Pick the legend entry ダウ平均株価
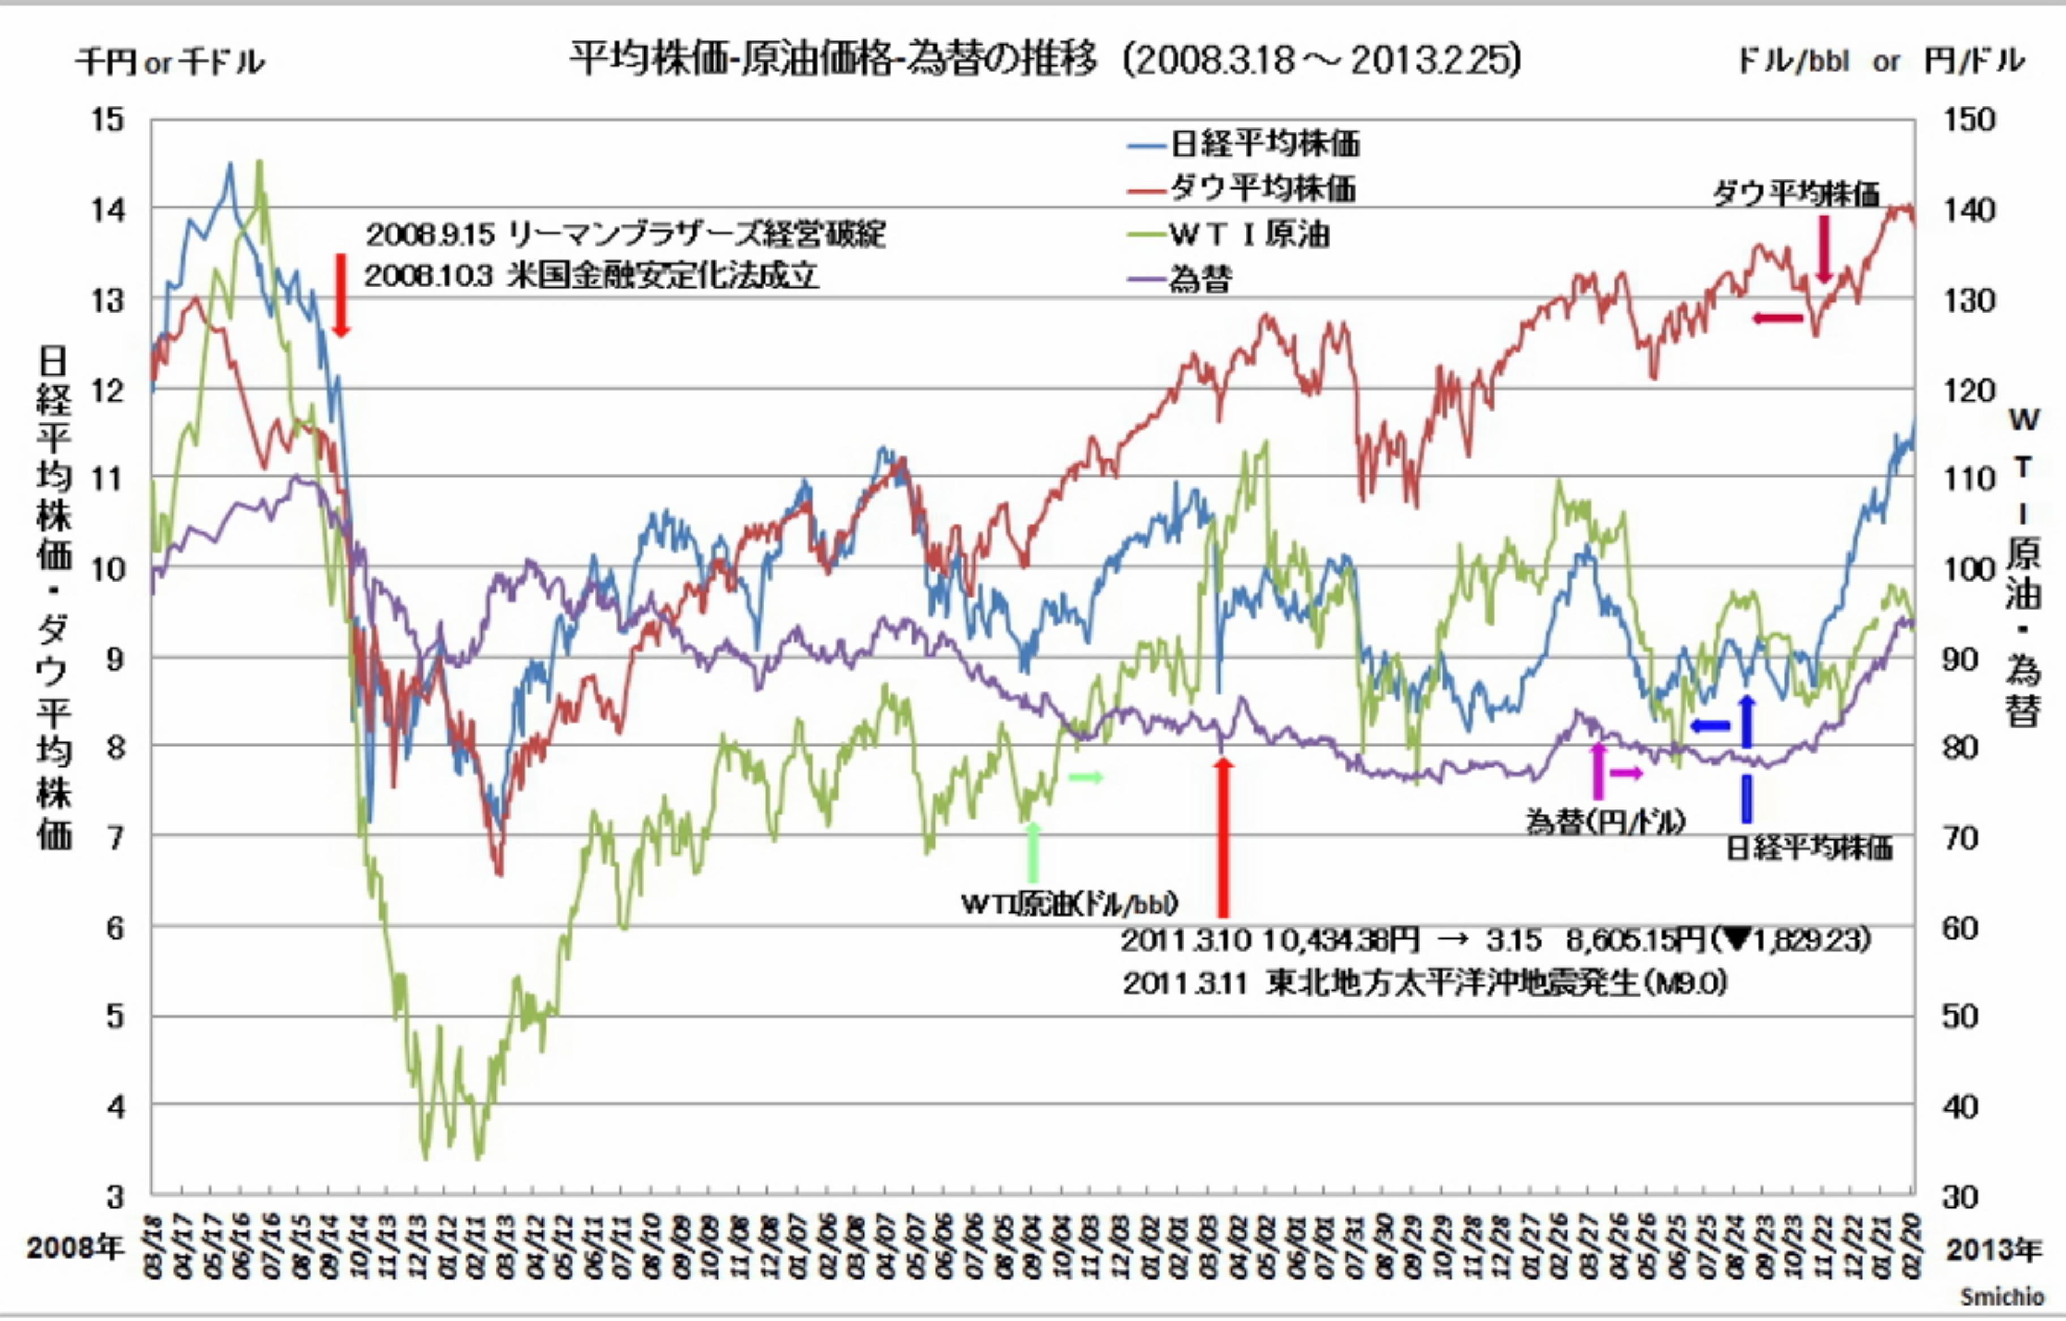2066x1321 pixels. (1263, 189)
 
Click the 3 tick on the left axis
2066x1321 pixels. (115, 1196)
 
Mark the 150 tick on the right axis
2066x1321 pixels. (1969, 119)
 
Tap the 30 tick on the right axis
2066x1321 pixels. (1961, 1196)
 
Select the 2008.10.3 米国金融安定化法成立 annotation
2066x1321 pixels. (592, 276)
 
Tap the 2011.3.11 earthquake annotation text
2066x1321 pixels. (1424, 984)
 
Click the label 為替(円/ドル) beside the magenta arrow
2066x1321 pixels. (1605, 822)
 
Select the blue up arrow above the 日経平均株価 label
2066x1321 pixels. (1747, 721)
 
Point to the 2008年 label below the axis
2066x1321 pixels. (75, 1247)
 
